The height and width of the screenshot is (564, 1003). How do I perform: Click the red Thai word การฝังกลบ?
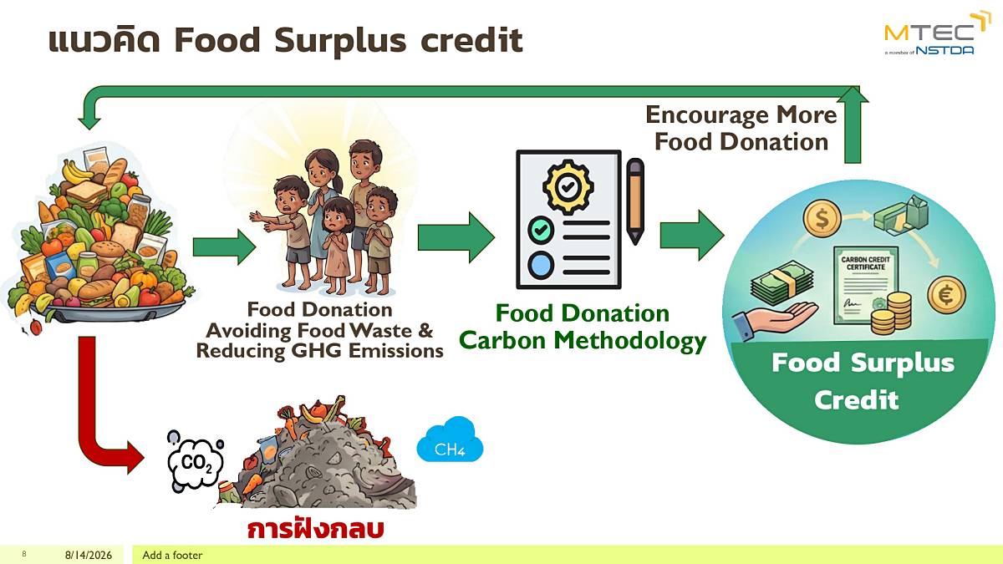pos(316,529)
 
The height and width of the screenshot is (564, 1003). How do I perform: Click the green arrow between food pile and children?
pos(224,247)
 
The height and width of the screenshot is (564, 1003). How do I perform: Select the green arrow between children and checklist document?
pos(456,237)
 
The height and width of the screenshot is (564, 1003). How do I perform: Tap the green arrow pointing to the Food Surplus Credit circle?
pos(692,236)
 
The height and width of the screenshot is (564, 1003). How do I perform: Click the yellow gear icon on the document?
pos(568,187)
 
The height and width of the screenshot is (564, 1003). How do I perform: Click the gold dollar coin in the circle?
pos(822,219)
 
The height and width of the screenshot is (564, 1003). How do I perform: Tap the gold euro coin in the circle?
pos(946,294)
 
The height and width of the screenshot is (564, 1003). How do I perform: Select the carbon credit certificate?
pos(866,287)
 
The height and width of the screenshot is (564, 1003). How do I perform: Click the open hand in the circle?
pos(775,319)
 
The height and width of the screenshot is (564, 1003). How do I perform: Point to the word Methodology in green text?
pos(630,341)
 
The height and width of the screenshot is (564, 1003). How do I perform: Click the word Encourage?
pos(706,115)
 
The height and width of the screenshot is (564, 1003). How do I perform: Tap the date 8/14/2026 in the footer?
pos(89,555)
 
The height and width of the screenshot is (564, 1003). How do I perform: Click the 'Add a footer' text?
pos(172,555)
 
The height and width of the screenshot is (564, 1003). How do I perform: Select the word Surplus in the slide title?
pos(340,41)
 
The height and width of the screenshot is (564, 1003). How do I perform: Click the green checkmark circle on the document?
pos(541,230)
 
